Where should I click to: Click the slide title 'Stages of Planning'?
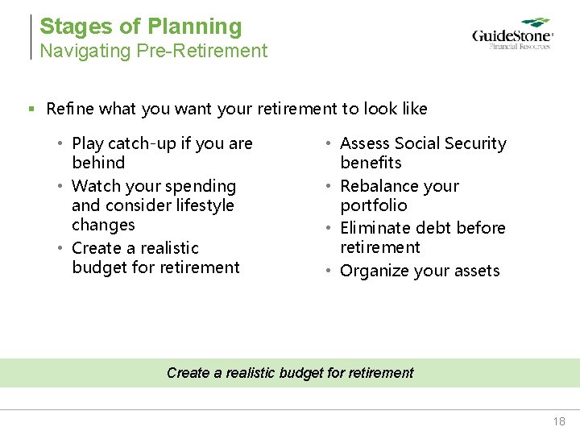pos(141,27)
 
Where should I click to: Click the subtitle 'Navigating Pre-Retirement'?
pos(154,51)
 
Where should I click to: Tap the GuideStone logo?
pos(512,35)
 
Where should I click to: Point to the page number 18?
pos(559,421)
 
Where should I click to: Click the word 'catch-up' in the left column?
pos(143,143)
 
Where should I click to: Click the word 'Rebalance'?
pos(379,186)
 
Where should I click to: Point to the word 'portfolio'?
pos(374,205)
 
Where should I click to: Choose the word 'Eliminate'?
pos(375,228)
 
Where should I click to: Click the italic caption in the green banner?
pos(290,372)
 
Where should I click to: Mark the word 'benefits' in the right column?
pos(371,163)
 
